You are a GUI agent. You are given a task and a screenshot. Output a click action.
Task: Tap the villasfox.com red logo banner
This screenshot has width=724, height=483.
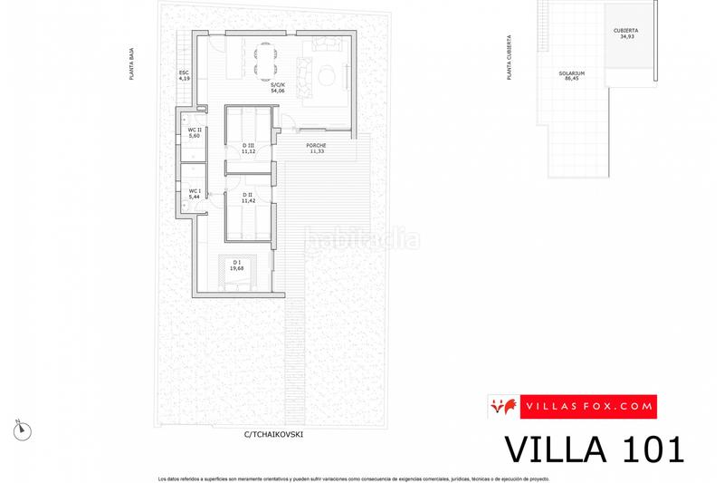pyautogui.click(x=572, y=407)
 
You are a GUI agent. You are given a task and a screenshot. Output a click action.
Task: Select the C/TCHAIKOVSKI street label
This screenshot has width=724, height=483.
pyautogui.click(x=272, y=434)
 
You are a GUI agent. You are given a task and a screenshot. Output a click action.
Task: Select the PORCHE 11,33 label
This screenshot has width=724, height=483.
pyautogui.click(x=316, y=149)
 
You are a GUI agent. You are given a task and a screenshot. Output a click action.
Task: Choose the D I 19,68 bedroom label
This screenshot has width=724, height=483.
pyautogui.click(x=237, y=266)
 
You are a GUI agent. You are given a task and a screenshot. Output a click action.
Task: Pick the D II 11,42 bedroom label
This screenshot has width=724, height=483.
pyautogui.click(x=247, y=198)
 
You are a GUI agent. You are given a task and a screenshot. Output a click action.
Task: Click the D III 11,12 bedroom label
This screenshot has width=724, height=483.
pyautogui.click(x=248, y=149)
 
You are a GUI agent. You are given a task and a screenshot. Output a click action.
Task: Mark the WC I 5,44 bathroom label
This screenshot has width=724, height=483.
pyautogui.click(x=194, y=194)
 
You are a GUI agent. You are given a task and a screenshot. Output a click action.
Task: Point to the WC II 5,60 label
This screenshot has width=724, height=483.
pyautogui.click(x=194, y=132)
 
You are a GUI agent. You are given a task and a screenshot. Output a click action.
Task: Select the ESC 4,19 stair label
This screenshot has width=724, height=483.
pyautogui.click(x=185, y=75)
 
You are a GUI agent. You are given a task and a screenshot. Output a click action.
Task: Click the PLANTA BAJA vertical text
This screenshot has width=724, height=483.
pyautogui.click(x=131, y=65)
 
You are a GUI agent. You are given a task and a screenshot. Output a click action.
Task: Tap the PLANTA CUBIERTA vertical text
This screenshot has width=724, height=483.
pyautogui.click(x=510, y=59)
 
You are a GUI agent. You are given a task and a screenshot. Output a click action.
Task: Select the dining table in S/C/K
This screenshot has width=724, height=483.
pyautogui.click(x=262, y=59)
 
